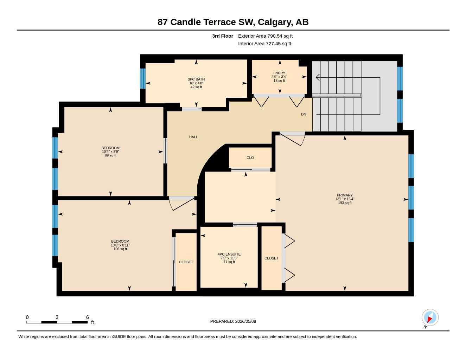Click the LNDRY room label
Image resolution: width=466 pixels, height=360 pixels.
pos(279,73)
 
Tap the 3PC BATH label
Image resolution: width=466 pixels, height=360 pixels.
pos(196,79)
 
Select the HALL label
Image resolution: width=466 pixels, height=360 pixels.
pos(193,137)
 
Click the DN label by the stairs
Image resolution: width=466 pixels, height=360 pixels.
pos(304,114)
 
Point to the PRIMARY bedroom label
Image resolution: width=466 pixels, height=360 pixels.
pos(345,195)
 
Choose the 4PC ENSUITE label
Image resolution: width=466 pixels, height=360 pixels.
pos(229,254)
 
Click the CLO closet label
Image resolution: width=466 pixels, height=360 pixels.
pos(250,158)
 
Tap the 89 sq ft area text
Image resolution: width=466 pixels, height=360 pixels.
pos(110,155)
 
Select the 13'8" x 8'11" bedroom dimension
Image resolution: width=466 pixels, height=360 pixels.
pos(120,245)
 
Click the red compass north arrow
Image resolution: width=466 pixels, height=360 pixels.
pos(430,319)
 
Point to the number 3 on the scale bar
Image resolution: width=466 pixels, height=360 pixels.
pos(57,317)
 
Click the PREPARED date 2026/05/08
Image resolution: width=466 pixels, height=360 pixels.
pos(245,321)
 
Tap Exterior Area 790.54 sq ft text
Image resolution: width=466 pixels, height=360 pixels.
pos(265,36)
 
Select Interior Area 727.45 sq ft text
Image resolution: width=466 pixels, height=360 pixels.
pos(264,44)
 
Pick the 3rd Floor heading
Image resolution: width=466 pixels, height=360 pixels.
pos(223,36)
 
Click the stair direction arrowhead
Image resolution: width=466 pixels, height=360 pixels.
pos(318,77)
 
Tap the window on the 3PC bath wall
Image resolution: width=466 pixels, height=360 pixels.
pos(143,78)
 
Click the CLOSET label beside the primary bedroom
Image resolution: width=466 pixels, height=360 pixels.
pos(271,258)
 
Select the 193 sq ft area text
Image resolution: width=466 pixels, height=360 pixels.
pos(345,203)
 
